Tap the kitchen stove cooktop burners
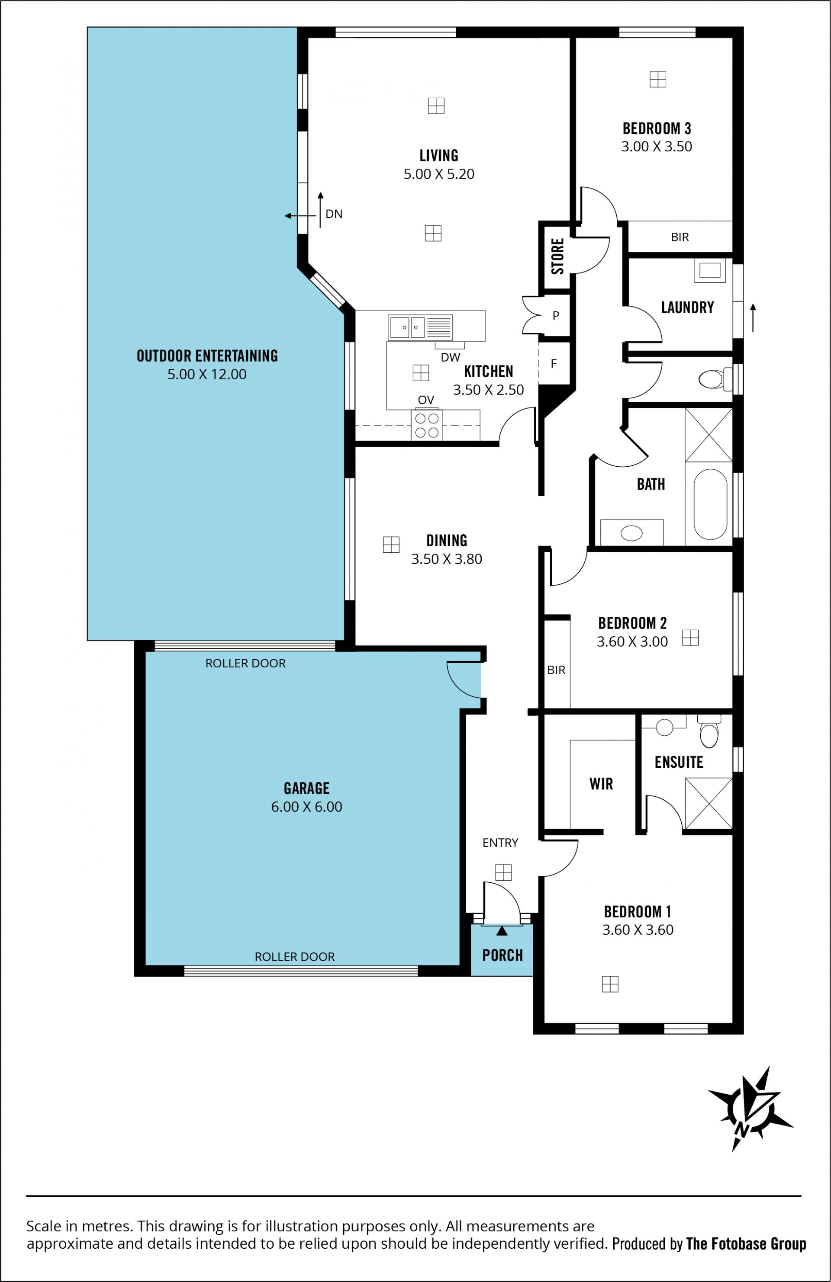pos(427,425)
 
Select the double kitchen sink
pos(420,327)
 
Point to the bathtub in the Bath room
pos(710,504)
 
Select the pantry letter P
pos(556,316)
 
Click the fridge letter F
pos(554,364)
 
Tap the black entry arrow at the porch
pos(502,930)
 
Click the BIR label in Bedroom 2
pos(556,670)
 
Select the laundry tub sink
pos(710,270)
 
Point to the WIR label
pos(602,784)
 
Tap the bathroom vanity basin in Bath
pos(631,533)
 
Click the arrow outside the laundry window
pos(753,318)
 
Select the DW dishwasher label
pos(451,357)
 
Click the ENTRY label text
pos(500,843)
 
